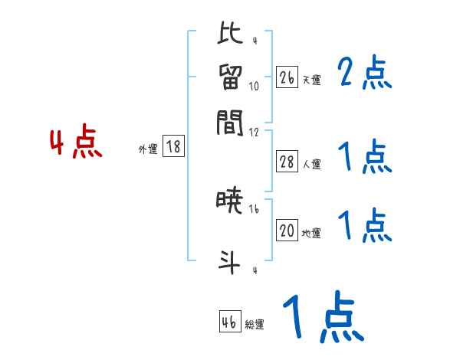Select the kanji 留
coord(230,77)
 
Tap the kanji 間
coord(230,123)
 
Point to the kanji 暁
coord(229,203)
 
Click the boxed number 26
coord(287,77)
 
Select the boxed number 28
coord(287,162)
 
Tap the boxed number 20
coord(287,231)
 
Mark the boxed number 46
coord(229,321)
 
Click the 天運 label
coord(311,80)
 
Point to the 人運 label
coord(311,165)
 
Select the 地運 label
coord(311,234)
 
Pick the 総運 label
coord(255,324)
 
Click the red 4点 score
coord(75,144)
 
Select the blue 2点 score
coord(364,74)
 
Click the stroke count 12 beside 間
coord(254,132)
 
